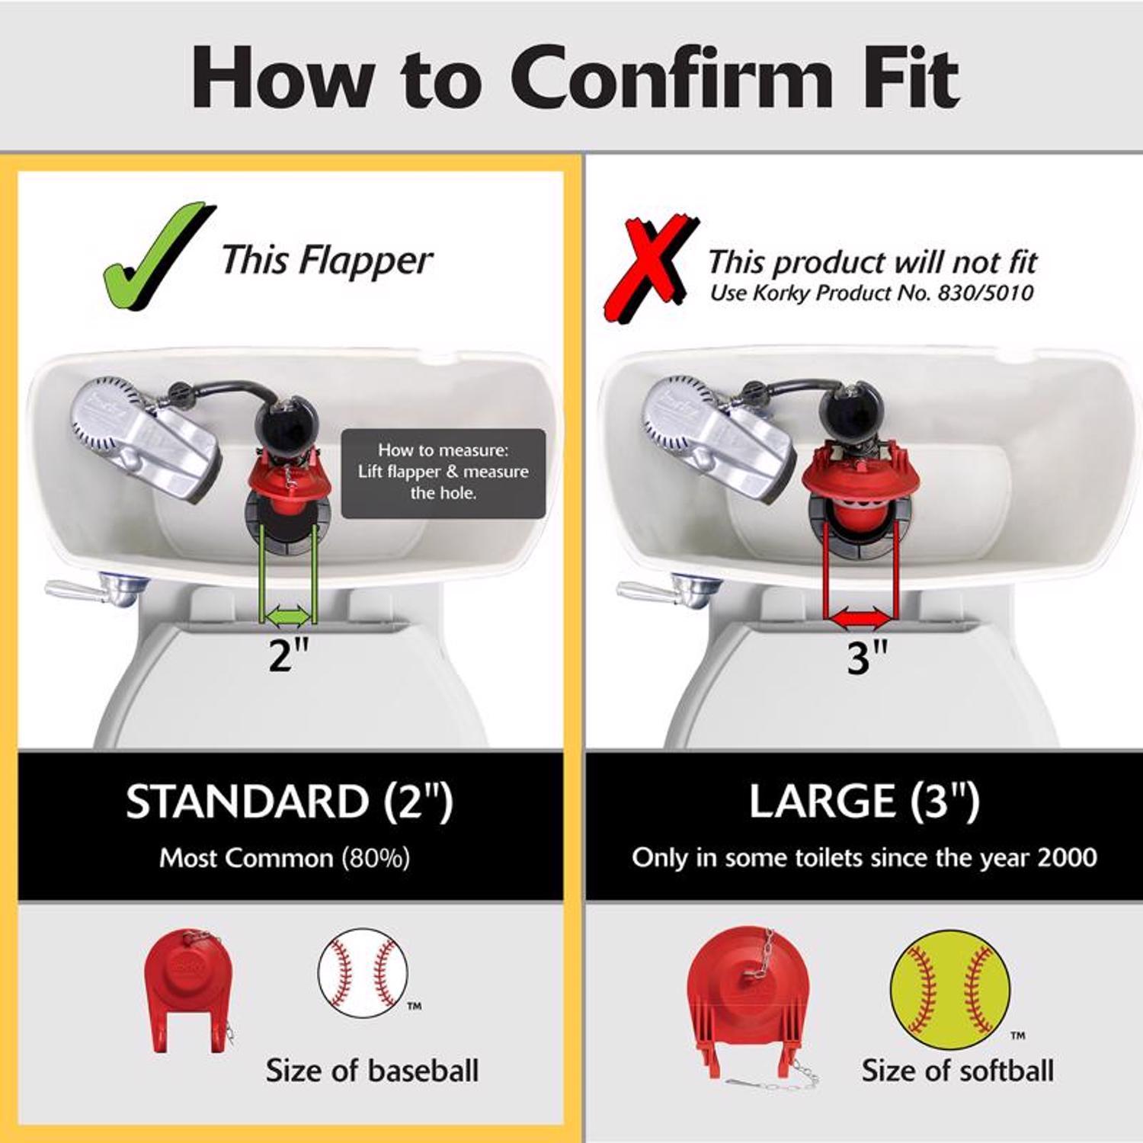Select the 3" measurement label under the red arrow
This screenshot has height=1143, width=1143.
pos(867,657)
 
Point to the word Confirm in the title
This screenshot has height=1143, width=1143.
pos(671,78)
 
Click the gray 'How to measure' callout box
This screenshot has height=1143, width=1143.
pos(443,472)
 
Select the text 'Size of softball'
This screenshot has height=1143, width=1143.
pos(957,1071)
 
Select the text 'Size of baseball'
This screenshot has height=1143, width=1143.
pos(372,1071)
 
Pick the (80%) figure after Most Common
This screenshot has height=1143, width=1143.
pos(375,859)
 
